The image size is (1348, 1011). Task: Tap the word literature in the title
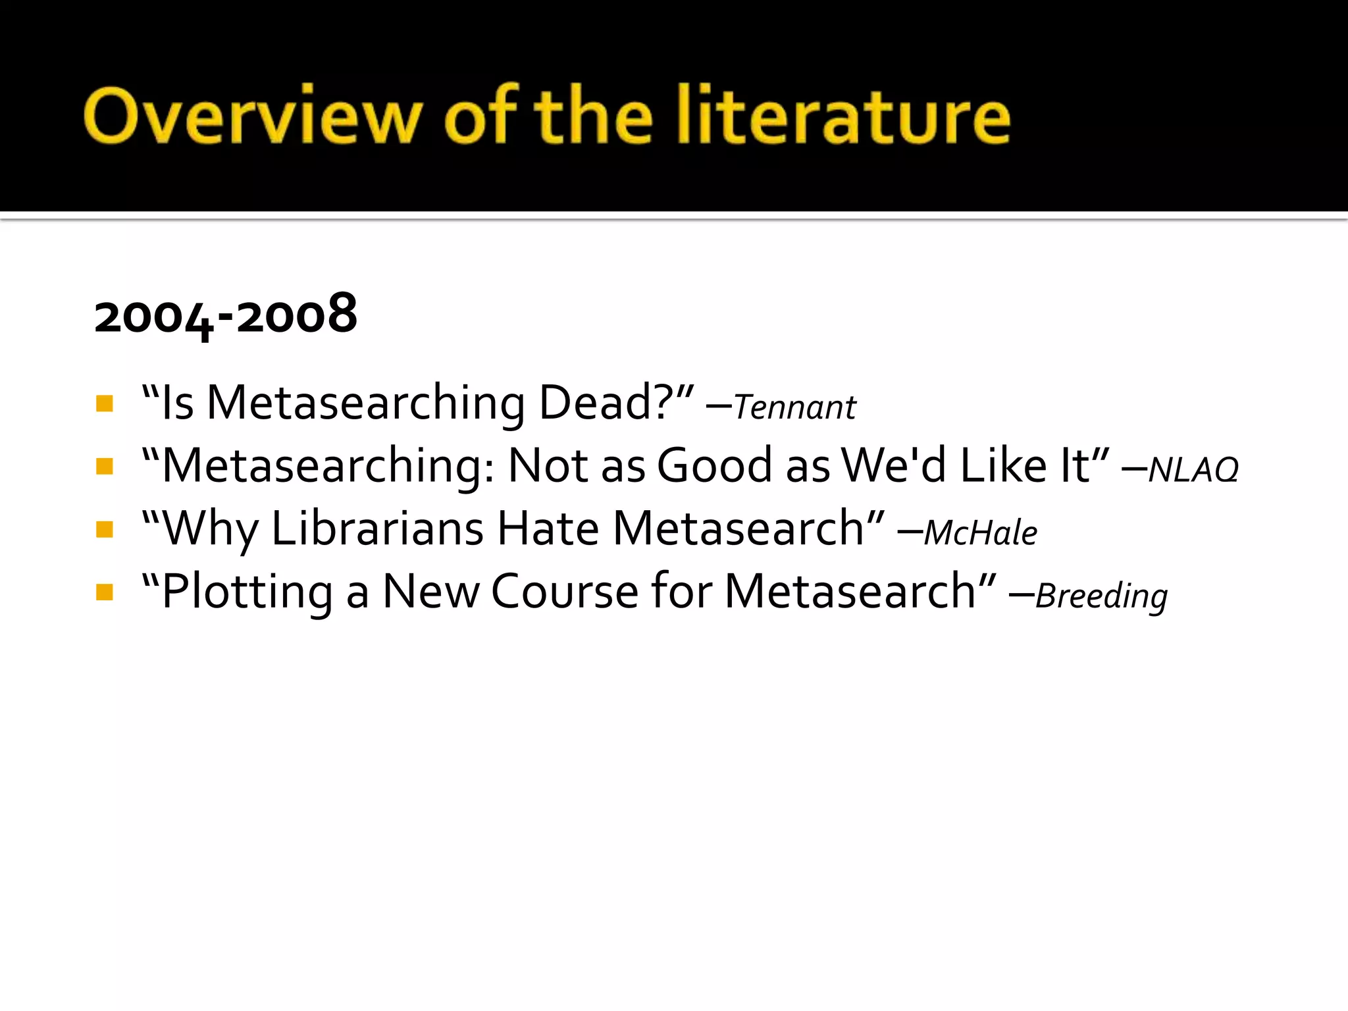point(844,116)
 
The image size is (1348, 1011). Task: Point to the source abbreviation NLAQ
point(1193,470)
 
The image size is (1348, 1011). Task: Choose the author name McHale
point(980,532)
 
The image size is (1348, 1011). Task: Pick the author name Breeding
point(1101,596)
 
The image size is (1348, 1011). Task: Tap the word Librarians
point(377,529)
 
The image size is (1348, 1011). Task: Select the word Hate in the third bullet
point(548,529)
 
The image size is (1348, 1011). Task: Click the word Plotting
point(247,592)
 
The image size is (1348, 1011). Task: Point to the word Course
point(565,591)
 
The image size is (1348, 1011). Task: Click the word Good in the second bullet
point(714,465)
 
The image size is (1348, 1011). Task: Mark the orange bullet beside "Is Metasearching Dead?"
point(105,403)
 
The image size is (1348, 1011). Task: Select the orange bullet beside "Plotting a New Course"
point(105,592)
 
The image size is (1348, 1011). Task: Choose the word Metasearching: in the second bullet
point(327,466)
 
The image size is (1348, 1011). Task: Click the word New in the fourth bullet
point(431,591)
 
